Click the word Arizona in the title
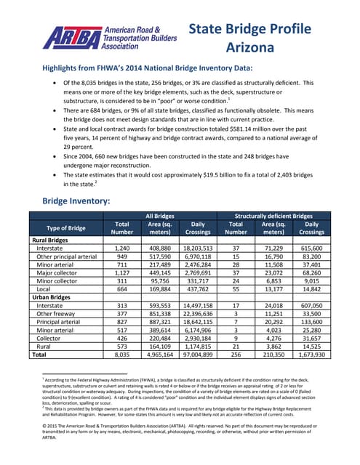point(249,49)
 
